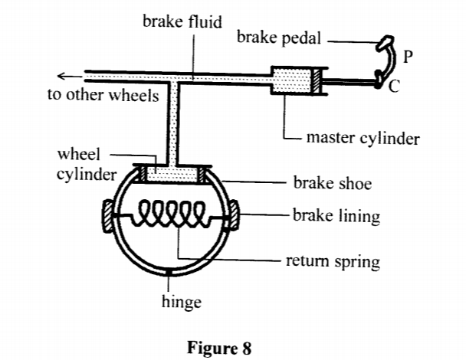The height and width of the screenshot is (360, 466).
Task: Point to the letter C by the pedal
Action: (393, 87)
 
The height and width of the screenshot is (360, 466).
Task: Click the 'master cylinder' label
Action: (363, 139)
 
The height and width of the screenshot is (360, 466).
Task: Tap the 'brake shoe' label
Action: (332, 185)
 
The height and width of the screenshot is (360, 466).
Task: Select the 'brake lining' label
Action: (336, 217)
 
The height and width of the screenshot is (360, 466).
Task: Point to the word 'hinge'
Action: (181, 301)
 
